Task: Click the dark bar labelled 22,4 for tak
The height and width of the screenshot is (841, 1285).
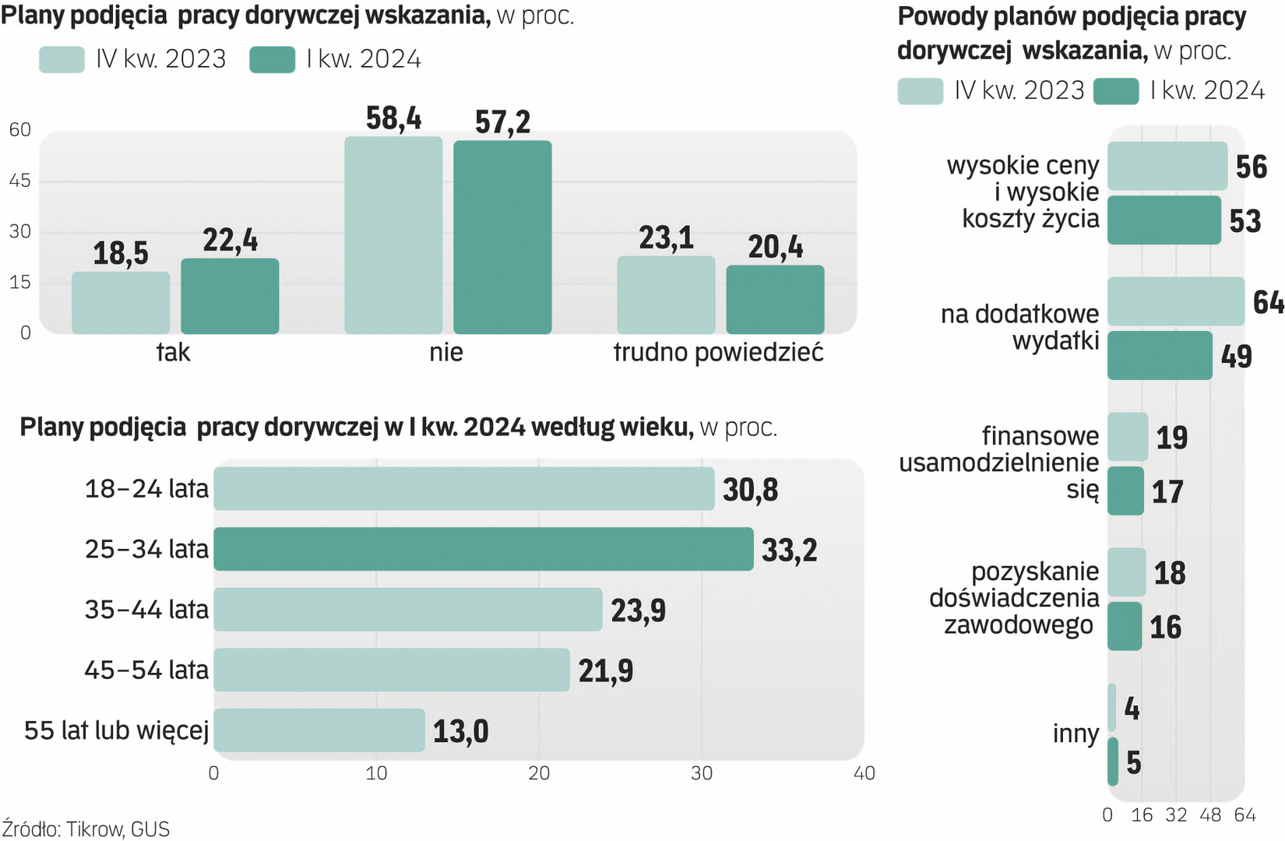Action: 230,296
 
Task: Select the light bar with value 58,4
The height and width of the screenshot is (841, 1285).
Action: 393,235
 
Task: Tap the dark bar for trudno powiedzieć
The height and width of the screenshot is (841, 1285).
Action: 775,300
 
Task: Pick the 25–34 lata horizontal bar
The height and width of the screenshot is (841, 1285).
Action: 484,549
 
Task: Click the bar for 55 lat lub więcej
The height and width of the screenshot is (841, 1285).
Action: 319,730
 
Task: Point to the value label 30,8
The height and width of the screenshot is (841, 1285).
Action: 750,490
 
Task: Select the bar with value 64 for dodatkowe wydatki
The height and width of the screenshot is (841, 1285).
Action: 1175,301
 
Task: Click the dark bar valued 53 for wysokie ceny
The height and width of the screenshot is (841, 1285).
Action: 1164,220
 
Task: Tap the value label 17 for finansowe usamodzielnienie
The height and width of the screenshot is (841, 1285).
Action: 1167,491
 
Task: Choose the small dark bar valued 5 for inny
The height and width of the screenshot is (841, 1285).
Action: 1113,762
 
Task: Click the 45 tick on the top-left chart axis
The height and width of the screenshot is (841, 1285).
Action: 20,181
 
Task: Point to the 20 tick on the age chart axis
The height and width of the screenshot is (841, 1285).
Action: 539,773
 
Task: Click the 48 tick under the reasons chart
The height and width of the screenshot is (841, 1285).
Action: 1210,815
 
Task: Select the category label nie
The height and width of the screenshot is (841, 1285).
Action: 446,352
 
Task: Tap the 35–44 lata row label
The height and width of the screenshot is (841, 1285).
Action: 146,609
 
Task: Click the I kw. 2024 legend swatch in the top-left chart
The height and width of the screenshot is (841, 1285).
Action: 272,60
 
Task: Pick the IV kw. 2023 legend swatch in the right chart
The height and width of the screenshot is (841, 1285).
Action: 920,91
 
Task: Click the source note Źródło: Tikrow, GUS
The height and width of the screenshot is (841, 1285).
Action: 86,829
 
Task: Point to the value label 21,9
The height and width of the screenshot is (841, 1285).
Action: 605,670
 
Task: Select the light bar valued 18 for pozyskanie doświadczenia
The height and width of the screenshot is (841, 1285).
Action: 1126,572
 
